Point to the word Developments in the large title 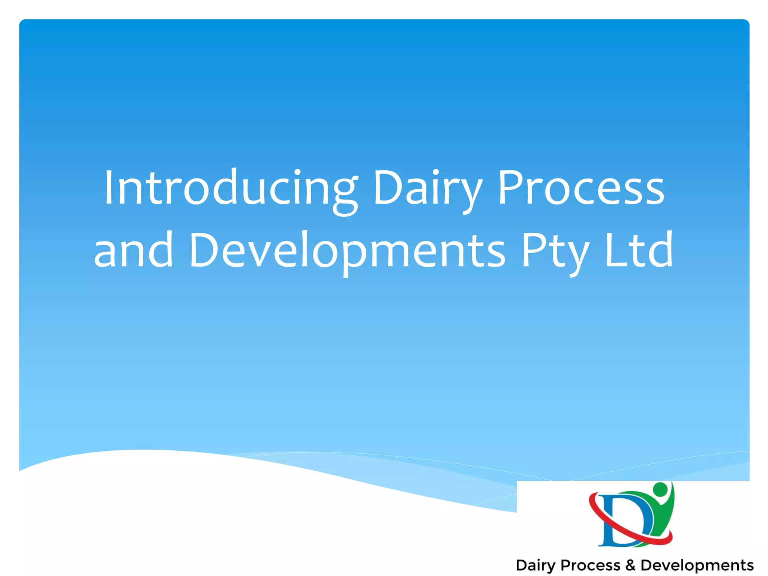(347, 250)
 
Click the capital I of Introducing (109, 187)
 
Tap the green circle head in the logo (660, 489)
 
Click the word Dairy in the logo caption (535, 565)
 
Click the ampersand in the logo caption (630, 565)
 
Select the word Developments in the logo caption (697, 565)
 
